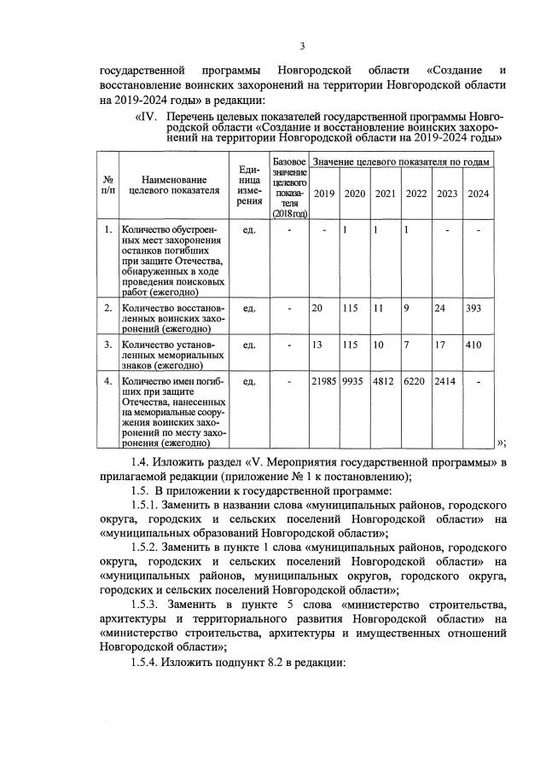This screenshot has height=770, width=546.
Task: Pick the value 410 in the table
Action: [x=475, y=344]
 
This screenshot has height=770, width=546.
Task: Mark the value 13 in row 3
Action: [x=317, y=344]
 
